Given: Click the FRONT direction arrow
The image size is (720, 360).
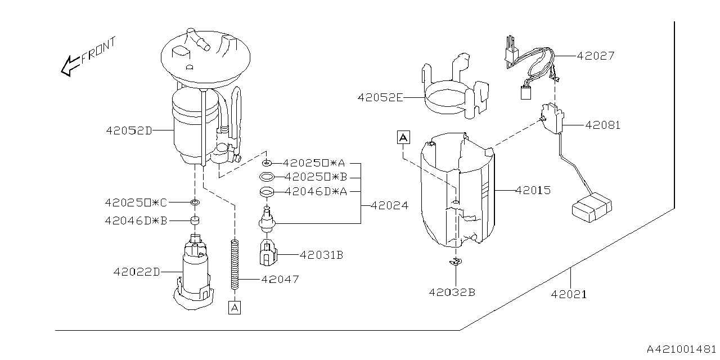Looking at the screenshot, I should click(x=70, y=65).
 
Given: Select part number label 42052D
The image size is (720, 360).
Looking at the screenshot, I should click(x=129, y=130).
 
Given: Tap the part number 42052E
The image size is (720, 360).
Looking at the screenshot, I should click(x=380, y=97).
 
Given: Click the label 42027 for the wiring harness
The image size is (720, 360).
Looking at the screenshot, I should click(x=596, y=56).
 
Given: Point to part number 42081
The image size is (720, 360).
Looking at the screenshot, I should click(x=602, y=125).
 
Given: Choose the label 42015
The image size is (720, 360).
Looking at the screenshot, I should click(x=533, y=191).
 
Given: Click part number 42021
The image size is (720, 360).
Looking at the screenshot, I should click(x=569, y=294).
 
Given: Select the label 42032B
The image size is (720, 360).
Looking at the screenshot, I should click(x=452, y=292).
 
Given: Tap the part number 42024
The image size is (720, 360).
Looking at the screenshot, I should click(x=389, y=206).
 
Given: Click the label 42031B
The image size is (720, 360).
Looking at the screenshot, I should click(x=321, y=255).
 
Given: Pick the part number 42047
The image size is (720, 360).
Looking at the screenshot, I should click(x=281, y=279).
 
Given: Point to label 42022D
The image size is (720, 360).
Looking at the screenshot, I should click(x=137, y=272).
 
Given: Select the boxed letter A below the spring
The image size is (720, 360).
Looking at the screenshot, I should click(x=235, y=307).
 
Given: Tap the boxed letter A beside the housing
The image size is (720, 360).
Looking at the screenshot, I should click(x=404, y=137).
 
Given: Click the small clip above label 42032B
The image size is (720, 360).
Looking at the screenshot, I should click(x=455, y=261).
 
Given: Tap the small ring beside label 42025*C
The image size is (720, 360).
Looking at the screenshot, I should click(x=195, y=202).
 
